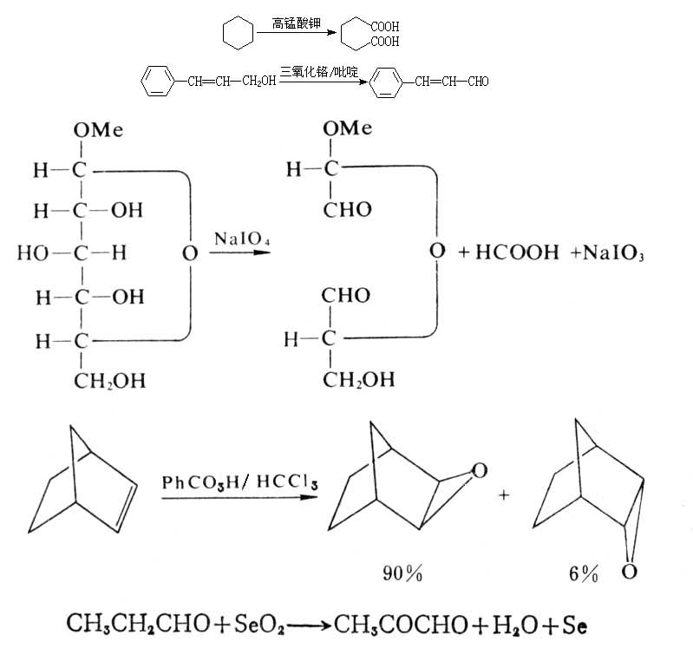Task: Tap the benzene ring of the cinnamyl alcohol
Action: (156, 83)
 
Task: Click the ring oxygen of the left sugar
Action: (190, 254)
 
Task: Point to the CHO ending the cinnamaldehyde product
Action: (477, 83)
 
